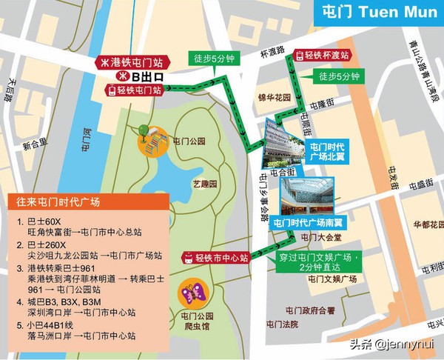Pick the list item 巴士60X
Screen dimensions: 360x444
[x=43, y=221]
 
